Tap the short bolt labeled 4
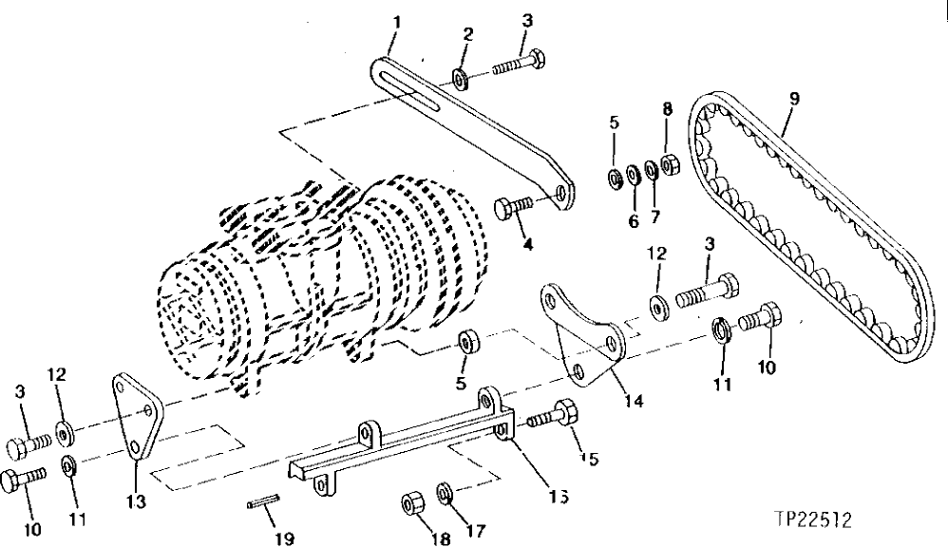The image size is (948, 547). point(514,207)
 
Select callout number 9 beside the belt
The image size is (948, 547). point(794,97)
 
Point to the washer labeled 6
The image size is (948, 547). point(633,178)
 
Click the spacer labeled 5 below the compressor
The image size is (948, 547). point(465,340)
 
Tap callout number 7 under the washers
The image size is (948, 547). point(654,217)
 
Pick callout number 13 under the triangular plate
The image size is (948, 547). point(137,501)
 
